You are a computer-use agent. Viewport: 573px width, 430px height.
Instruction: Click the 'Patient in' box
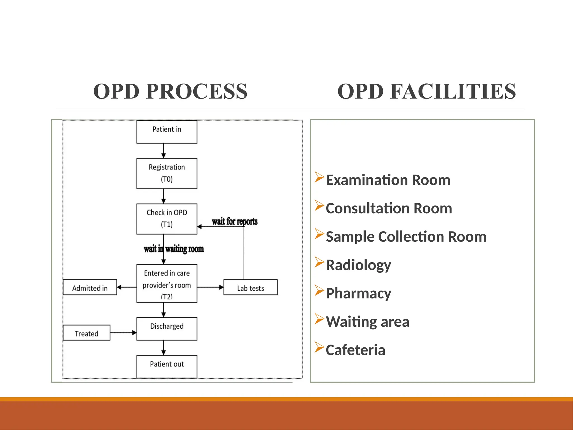pyautogui.click(x=167, y=132)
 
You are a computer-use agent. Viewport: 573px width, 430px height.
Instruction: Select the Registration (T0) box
pyautogui.click(x=167, y=173)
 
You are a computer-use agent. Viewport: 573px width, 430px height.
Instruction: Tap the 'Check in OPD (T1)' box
pyautogui.click(x=167, y=219)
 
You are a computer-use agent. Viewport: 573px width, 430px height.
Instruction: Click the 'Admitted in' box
pyautogui.click(x=90, y=287)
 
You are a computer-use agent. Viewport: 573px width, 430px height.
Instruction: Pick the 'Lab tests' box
pyautogui.click(x=250, y=287)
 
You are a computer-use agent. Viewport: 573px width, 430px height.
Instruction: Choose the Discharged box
pyautogui.click(x=167, y=328)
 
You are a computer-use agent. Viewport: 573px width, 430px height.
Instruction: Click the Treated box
pyautogui.click(x=86, y=333)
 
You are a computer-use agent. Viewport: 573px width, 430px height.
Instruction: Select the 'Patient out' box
pyautogui.click(x=167, y=366)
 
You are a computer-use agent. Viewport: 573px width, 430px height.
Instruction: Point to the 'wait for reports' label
pyautogui.click(x=234, y=221)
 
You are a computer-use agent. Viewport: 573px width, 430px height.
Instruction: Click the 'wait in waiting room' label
pyautogui.click(x=174, y=249)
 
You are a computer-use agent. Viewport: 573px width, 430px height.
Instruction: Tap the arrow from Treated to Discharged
pyautogui.click(x=123, y=333)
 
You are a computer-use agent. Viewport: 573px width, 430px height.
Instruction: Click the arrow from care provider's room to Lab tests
pyautogui.click(x=210, y=287)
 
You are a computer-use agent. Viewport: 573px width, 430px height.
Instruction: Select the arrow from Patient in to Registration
pyautogui.click(x=164, y=151)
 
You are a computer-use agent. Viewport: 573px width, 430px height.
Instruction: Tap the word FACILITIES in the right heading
pyautogui.click(x=453, y=92)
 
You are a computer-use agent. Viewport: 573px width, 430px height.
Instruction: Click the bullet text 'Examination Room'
pyautogui.click(x=388, y=180)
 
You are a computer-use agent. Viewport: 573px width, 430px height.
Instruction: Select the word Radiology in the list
pyautogui.click(x=358, y=265)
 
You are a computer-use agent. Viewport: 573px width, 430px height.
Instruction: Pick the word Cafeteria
pyautogui.click(x=355, y=350)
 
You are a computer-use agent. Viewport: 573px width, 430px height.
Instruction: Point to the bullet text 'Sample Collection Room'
pyautogui.click(x=406, y=237)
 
